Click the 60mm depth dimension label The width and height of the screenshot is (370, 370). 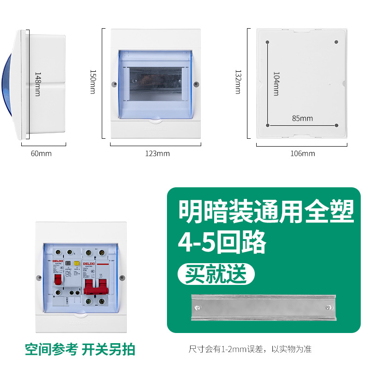point(41,153)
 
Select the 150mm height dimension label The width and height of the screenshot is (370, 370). point(92,82)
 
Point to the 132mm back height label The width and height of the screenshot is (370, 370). point(238,82)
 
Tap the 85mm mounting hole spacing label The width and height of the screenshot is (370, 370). point(302,118)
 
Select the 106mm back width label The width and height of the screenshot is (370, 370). point(302,153)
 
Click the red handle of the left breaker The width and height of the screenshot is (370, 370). point(59,280)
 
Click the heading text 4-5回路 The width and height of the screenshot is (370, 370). point(222,241)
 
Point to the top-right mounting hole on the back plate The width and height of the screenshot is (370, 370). point(336,42)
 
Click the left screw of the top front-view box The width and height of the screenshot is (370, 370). point(114,85)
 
